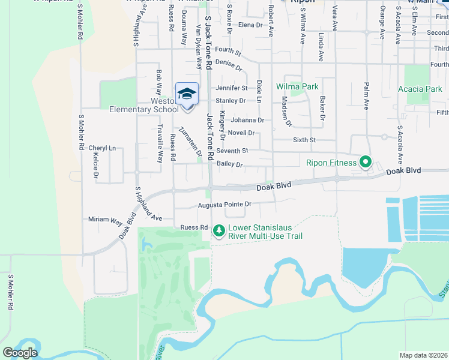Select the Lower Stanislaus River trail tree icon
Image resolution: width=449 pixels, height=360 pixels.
(219, 230)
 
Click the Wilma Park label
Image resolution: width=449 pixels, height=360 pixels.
(297, 86)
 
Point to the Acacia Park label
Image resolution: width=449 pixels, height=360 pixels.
(420, 89)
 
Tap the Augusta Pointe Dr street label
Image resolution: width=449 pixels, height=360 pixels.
(224, 205)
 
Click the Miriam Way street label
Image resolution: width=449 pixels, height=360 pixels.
(106, 220)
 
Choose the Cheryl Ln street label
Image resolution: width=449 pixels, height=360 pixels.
(102, 148)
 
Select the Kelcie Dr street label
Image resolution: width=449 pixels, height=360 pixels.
(95, 165)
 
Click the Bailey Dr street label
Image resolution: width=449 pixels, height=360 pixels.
(229, 164)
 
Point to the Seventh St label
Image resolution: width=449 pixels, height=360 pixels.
(233, 151)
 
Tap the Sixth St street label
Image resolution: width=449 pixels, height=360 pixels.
(304, 140)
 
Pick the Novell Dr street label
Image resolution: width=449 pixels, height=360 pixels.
(241, 133)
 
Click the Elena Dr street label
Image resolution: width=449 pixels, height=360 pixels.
(251, 25)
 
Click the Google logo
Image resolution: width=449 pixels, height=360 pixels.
(20, 352)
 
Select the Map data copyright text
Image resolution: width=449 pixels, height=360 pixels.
(423, 355)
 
